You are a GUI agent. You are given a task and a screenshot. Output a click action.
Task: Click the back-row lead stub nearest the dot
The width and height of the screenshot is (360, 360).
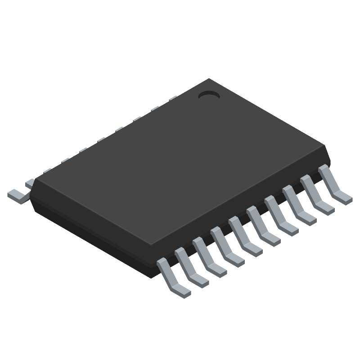[x=173, y=98]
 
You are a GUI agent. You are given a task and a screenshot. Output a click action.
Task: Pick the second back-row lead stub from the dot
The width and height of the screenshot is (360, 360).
[x=155, y=108]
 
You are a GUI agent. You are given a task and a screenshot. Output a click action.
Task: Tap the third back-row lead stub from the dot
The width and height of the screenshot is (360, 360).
[x=137, y=119]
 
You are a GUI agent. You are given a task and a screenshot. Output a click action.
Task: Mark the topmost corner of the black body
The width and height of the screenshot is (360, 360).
[x=208, y=79]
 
